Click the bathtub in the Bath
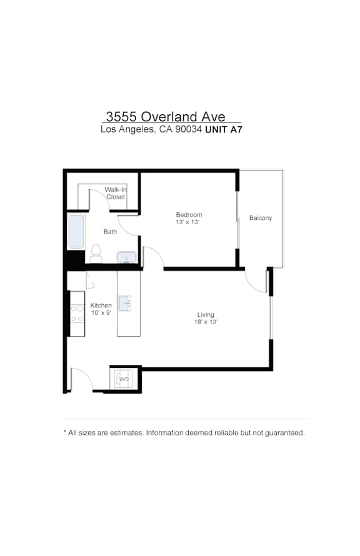click(76, 231)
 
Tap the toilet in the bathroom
click(96, 253)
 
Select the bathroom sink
click(127, 257)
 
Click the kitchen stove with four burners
click(77, 314)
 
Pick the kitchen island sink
click(124, 304)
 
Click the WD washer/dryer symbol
click(124, 379)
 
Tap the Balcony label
click(261, 218)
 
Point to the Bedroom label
click(189, 214)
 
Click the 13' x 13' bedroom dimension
click(187, 222)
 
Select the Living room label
click(206, 314)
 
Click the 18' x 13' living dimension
click(206, 322)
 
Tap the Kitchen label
click(101, 305)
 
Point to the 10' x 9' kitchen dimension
click(101, 313)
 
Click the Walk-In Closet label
click(116, 193)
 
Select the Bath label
click(110, 232)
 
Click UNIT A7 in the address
click(224, 130)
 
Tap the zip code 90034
click(189, 129)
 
